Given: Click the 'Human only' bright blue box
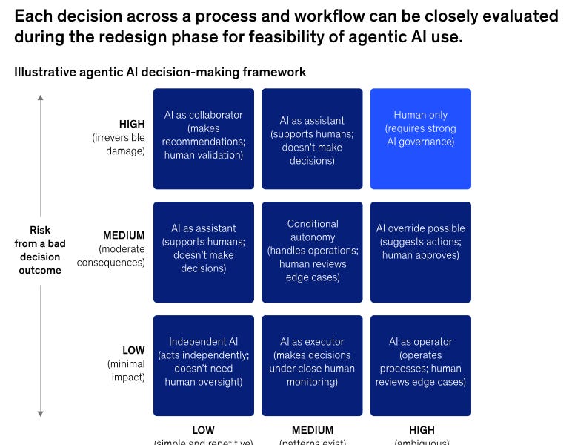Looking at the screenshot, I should click(420, 139).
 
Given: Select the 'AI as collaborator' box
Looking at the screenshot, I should click(204, 139).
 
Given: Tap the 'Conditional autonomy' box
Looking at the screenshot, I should click(312, 252).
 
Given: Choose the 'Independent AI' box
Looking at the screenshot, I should click(204, 366).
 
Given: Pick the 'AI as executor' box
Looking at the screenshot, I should click(312, 366).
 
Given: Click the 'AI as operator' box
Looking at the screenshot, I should click(420, 366).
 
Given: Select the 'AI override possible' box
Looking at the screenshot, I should click(420, 252).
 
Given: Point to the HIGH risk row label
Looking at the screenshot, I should click(132, 125).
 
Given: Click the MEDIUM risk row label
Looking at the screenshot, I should click(124, 236).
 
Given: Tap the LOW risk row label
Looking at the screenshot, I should click(133, 350).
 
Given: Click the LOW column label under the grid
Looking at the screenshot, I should click(203, 430).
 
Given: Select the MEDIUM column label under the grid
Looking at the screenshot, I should click(312, 430).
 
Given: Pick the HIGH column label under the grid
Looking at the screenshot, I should click(420, 430).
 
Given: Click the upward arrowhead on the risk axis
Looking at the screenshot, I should click(40, 97).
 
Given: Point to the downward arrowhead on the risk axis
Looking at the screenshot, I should click(40, 413).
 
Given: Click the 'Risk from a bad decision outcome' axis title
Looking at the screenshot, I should click(40, 250).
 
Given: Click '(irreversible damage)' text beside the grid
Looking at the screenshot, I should click(119, 145).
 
